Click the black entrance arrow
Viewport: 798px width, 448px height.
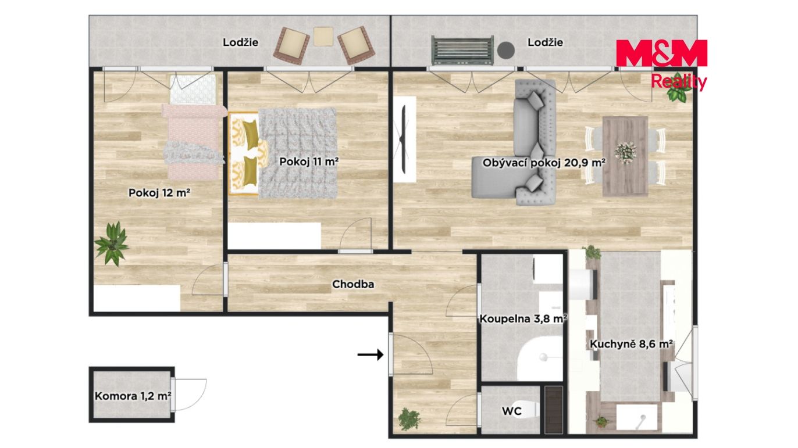coord(370,354)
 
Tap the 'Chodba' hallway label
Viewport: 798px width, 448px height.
coord(353,284)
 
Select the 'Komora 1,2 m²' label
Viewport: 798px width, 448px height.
coord(133,396)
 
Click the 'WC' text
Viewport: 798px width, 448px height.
coord(512,411)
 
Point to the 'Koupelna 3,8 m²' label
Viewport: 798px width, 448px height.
coord(523,319)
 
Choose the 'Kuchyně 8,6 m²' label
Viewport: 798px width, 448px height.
coord(631,344)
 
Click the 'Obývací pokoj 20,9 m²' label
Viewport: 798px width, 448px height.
coord(544,163)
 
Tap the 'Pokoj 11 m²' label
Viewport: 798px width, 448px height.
coord(309,162)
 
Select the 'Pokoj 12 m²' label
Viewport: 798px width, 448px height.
coord(159,193)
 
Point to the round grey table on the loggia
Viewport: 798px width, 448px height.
coord(506,50)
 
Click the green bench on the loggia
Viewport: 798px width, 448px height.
coord(462,50)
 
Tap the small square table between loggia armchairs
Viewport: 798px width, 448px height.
coord(323,37)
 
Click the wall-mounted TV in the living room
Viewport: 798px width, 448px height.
coord(404,139)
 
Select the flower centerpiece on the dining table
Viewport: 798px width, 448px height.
coord(625,153)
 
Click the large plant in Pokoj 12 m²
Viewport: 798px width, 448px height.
coord(112,243)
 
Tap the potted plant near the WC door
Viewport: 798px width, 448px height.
coord(409,419)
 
